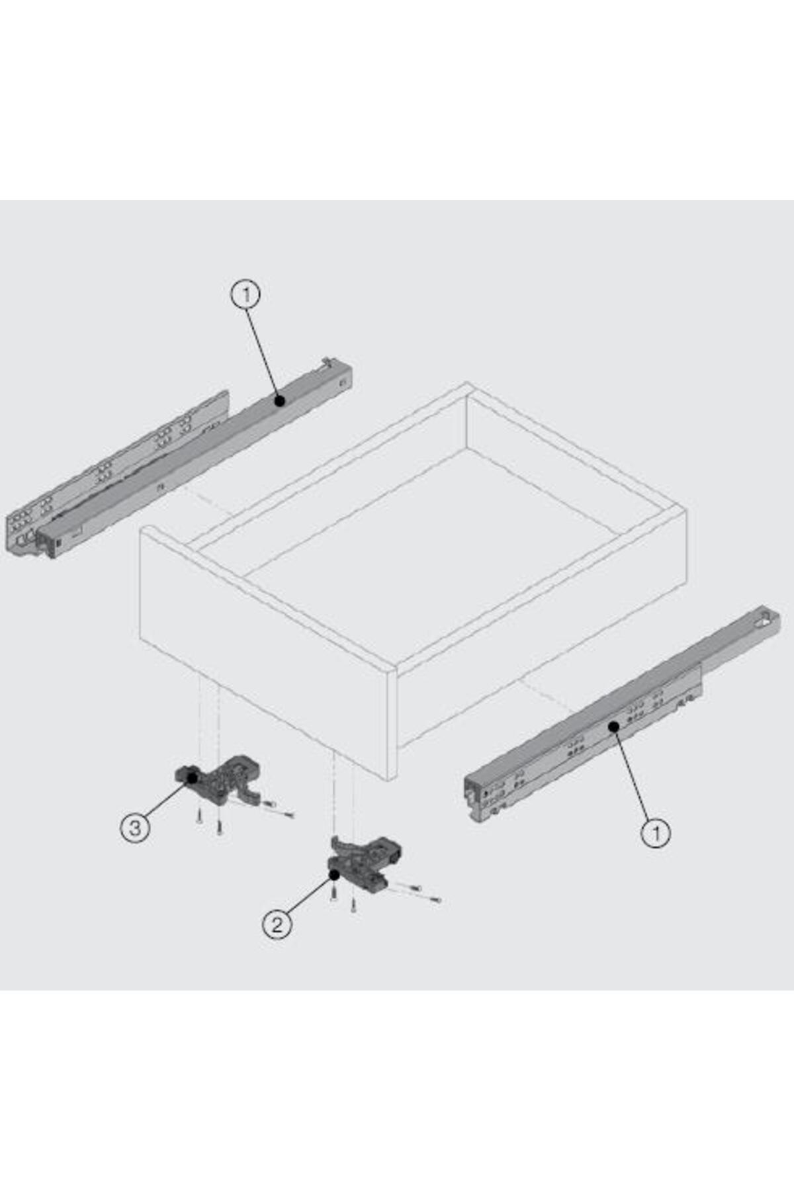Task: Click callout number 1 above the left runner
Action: click(245, 294)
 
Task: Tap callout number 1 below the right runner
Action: click(656, 832)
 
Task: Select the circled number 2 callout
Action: click(277, 924)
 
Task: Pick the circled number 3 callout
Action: click(135, 827)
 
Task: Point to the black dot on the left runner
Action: click(280, 400)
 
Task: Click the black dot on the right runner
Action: click(614, 726)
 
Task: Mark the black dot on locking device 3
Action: click(193, 777)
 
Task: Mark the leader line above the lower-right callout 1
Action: click(633, 772)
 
